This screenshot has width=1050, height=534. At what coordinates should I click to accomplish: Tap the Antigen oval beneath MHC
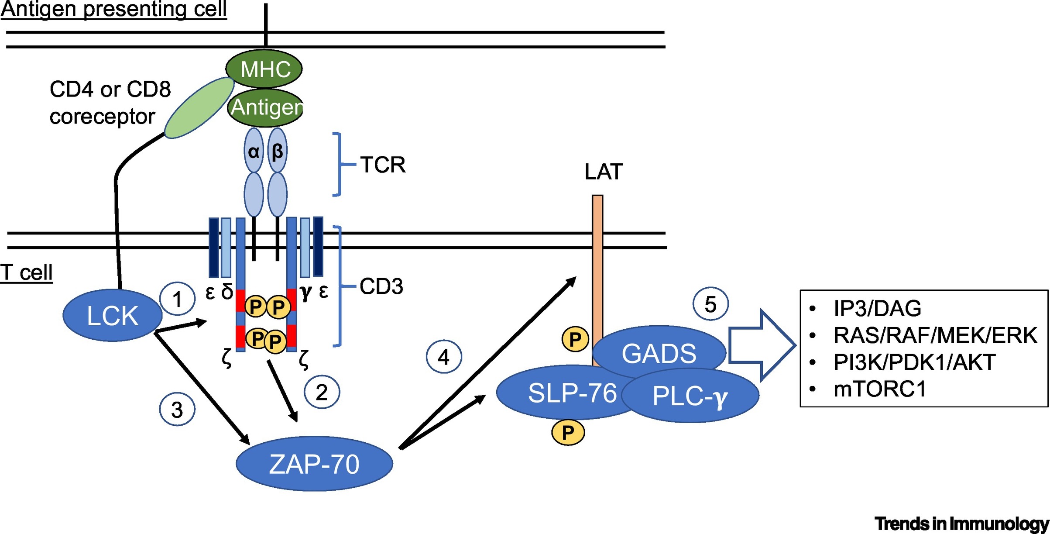[265, 107]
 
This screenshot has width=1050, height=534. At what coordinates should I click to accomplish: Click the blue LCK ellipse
[113, 315]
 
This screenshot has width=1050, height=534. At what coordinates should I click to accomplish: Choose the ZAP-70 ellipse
[314, 464]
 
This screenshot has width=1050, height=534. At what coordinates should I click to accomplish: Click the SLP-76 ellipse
[563, 393]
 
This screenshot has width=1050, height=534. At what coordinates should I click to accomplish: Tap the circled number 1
[177, 300]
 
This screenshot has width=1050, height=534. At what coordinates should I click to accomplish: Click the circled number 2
[322, 392]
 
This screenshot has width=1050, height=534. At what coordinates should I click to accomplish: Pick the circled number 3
[177, 410]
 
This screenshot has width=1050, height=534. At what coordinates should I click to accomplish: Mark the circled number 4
[444, 357]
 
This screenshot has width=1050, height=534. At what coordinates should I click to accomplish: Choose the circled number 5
[710, 304]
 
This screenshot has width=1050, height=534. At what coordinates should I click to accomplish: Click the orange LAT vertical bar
[597, 262]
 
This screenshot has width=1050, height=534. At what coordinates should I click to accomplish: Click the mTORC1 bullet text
[879, 389]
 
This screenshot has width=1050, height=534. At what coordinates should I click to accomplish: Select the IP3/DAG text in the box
[877, 308]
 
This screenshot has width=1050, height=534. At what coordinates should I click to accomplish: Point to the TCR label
[383, 165]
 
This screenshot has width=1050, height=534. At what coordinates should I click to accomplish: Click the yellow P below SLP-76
[568, 432]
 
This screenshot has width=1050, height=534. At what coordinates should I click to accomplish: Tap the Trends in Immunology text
[961, 523]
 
